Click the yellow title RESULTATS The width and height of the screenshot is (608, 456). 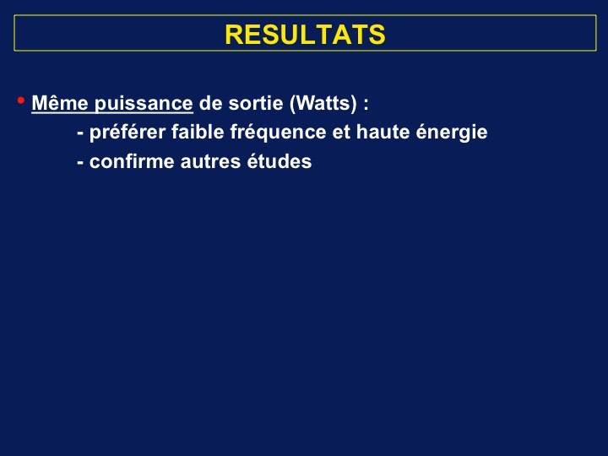click(305, 35)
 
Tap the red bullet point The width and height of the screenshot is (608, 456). click(21, 100)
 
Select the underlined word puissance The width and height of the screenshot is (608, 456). click(144, 104)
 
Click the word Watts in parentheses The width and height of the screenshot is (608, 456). click(323, 103)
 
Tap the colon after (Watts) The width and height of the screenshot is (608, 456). click(366, 105)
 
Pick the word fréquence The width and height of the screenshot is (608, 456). click(278, 133)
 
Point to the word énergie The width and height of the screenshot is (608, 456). click(452, 133)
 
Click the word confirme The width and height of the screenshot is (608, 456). click(132, 161)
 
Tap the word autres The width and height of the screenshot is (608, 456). click(210, 162)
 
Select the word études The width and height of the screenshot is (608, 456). click(280, 161)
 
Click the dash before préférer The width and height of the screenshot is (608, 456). click(80, 134)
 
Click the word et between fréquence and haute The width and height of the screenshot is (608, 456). click(341, 133)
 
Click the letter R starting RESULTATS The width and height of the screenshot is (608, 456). click(234, 35)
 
